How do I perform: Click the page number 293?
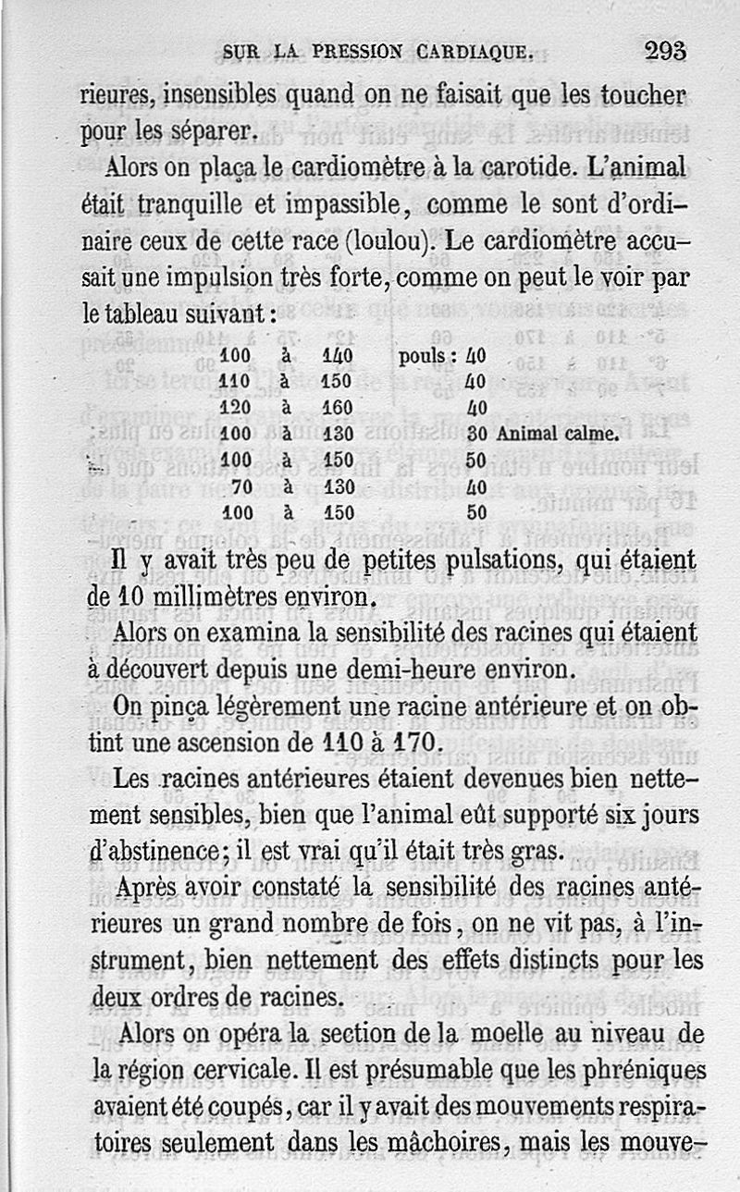point(666,51)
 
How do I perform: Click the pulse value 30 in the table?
point(477,434)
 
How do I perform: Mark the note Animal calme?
point(557,434)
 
